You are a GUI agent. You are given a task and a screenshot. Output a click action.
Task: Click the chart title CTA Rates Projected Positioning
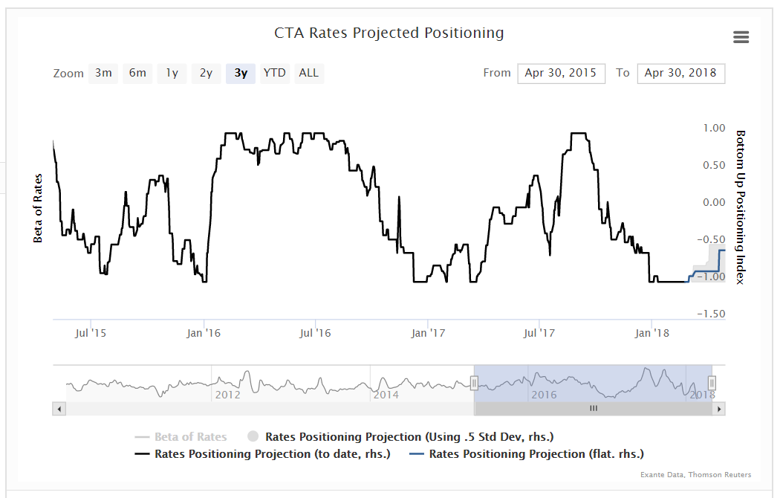click(x=389, y=33)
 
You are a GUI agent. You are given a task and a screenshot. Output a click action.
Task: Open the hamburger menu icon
click(x=741, y=37)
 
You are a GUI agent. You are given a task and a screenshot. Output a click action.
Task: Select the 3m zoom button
click(x=103, y=73)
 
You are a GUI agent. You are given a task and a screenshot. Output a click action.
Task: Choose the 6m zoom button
click(x=137, y=73)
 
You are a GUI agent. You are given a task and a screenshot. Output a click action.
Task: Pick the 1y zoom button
click(x=172, y=73)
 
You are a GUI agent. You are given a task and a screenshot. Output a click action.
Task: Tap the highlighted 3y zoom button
click(x=241, y=73)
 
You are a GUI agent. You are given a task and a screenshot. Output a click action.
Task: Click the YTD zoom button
click(x=275, y=73)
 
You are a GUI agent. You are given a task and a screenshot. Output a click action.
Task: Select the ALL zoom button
click(x=308, y=73)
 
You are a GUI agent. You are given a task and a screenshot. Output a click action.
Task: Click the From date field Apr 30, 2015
click(x=561, y=73)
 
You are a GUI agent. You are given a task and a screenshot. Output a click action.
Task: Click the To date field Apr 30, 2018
click(x=680, y=73)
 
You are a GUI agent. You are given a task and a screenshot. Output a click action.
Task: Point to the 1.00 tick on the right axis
click(x=713, y=128)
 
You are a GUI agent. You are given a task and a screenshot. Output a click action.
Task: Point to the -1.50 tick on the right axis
click(x=712, y=314)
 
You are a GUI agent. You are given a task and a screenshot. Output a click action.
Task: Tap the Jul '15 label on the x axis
click(x=91, y=333)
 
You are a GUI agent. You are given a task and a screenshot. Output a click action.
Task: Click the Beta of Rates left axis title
click(x=38, y=208)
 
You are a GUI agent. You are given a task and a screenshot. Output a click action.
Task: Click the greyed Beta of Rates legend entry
click(x=190, y=437)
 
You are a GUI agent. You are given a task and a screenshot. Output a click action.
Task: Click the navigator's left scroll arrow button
click(x=59, y=409)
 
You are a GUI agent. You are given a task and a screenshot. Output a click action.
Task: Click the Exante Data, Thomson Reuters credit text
click(x=695, y=475)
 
